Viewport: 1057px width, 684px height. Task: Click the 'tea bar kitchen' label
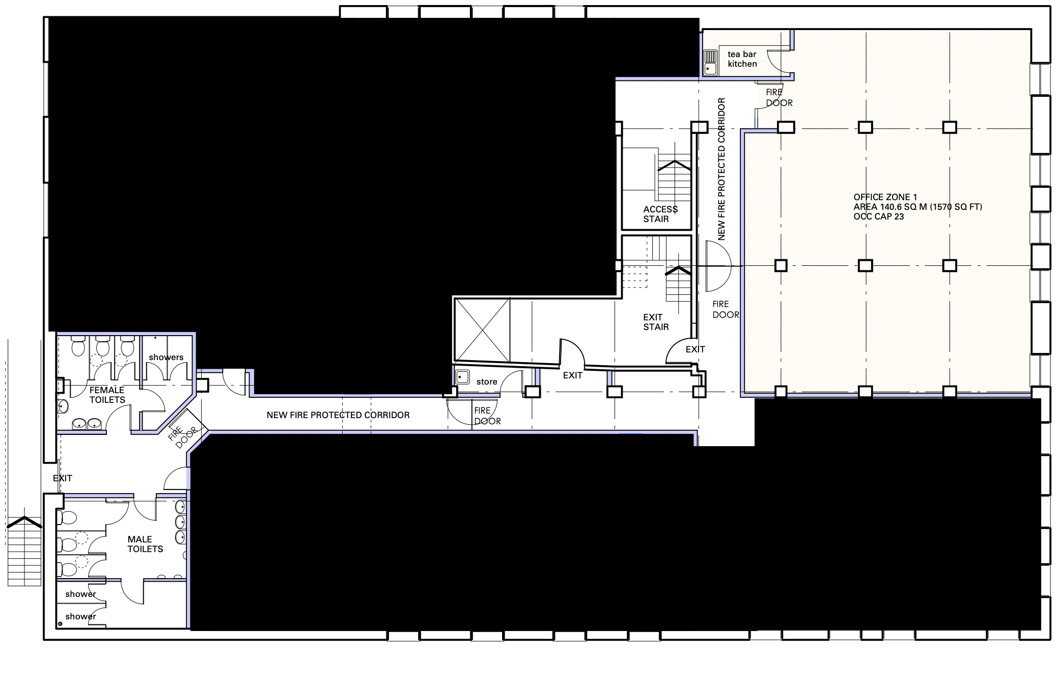point(742,59)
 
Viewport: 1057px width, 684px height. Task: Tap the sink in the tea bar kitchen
point(710,62)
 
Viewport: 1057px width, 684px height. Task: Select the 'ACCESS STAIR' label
point(660,214)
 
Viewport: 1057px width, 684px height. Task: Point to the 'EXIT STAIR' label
point(656,322)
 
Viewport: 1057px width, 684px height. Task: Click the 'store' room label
point(487,381)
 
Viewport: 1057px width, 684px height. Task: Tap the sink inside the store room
point(462,377)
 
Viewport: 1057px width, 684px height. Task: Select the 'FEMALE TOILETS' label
point(107,395)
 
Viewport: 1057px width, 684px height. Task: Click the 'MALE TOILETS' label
point(145,544)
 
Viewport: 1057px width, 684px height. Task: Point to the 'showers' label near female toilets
point(166,357)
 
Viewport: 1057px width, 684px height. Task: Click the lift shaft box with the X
point(482,330)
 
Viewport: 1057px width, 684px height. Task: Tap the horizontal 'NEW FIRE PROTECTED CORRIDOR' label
point(338,415)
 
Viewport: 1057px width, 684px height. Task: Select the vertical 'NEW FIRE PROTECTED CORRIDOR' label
point(721,169)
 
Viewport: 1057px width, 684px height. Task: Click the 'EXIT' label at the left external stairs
point(63,478)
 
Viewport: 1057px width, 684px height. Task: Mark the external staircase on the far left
point(24,551)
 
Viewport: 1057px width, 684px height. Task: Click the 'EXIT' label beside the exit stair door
point(695,349)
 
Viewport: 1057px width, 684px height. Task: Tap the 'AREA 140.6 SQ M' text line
point(917,207)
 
